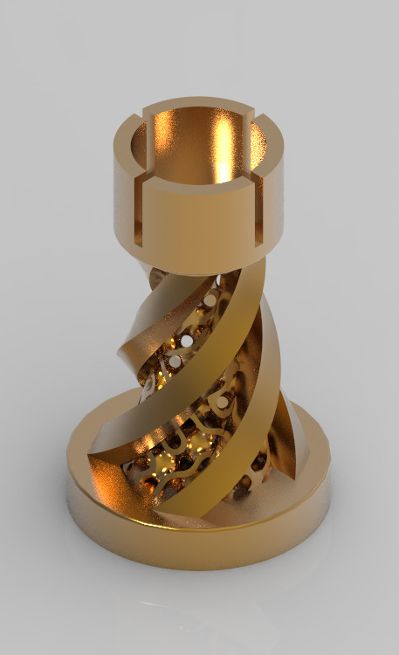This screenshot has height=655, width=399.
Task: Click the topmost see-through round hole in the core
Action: [x=210, y=301]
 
